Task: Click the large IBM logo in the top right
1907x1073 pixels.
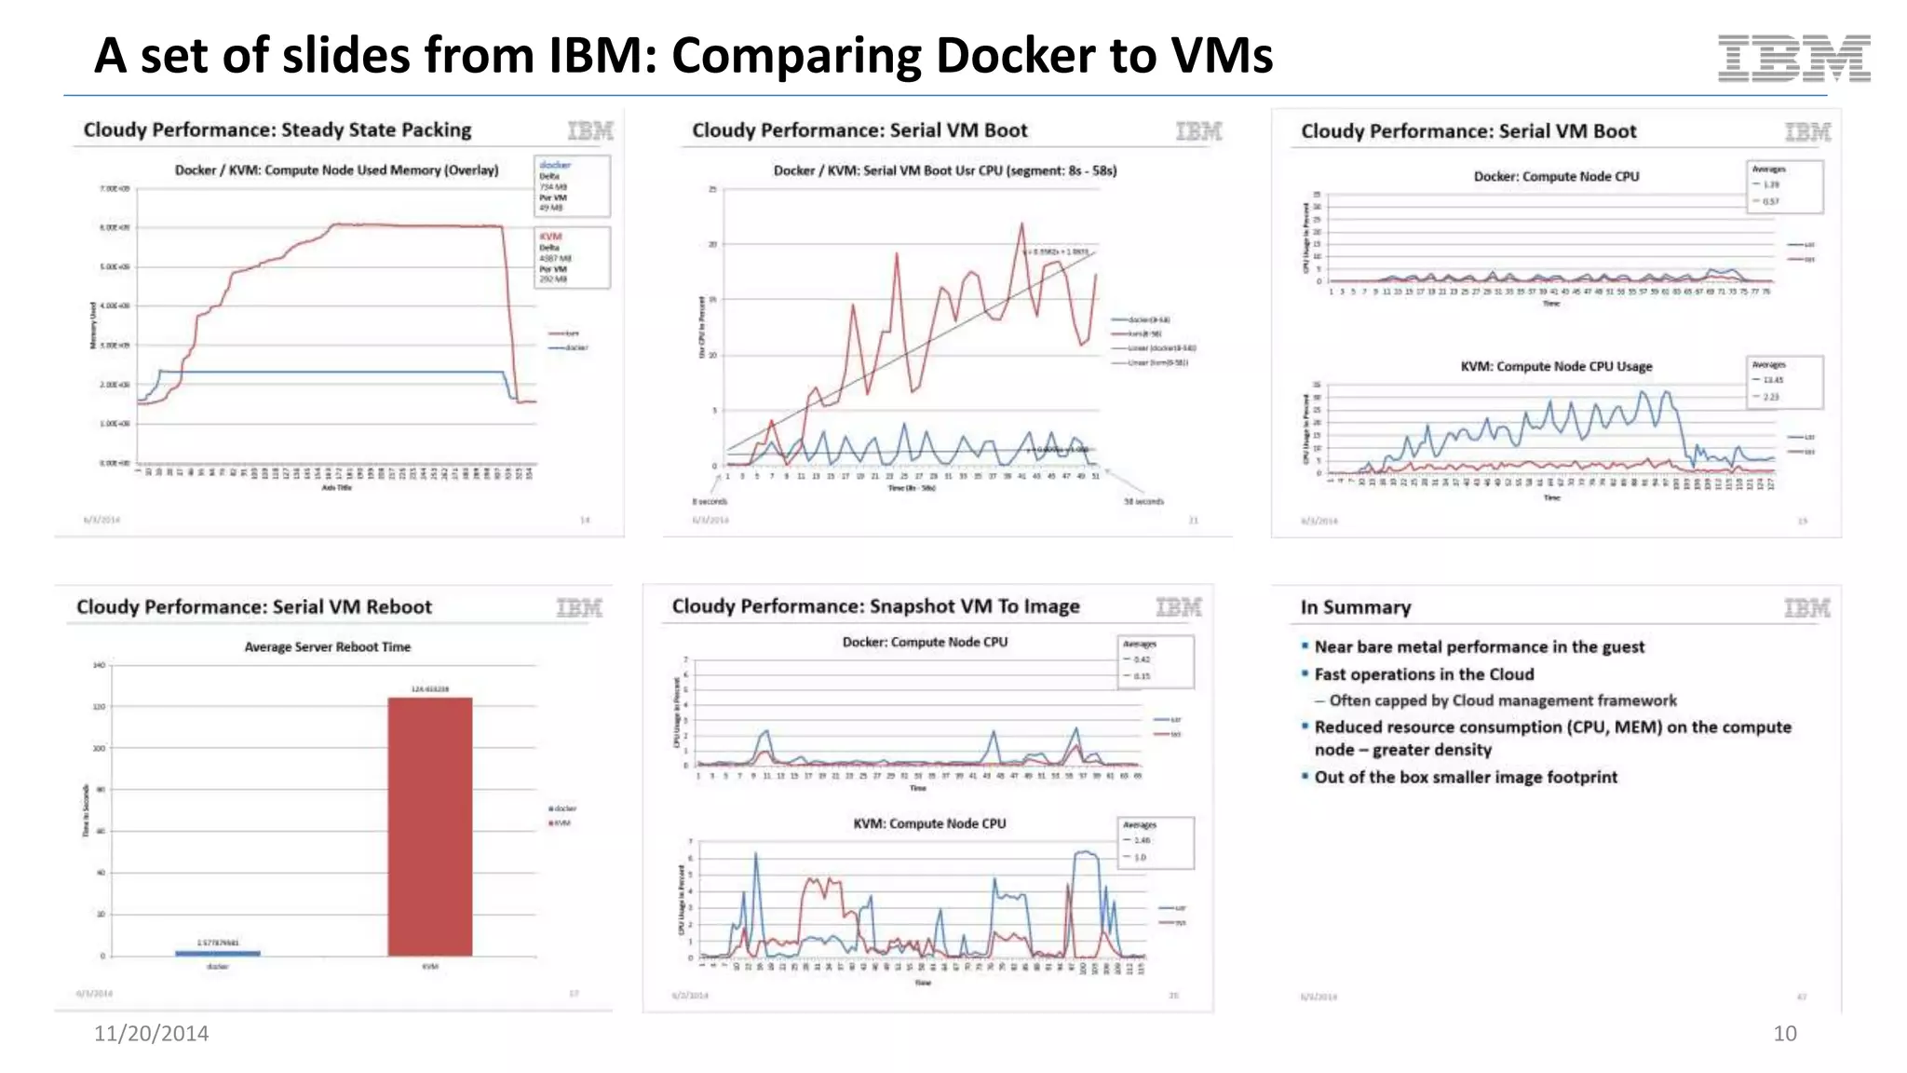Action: coord(1793,58)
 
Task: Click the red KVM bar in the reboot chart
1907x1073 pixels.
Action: coord(429,826)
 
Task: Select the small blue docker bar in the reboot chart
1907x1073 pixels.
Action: coord(218,953)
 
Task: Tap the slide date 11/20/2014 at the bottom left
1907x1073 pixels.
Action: coord(151,1033)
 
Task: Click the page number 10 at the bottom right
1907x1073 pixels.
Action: coord(1784,1033)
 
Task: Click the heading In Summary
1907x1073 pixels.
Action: coord(1355,607)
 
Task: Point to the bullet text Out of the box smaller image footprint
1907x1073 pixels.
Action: coord(1465,777)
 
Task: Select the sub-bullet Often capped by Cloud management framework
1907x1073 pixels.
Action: coord(1502,700)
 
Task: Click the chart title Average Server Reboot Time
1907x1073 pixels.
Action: coord(327,646)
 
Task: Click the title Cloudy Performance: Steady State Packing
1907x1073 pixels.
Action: coord(277,129)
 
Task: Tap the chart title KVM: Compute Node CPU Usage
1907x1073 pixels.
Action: coord(1556,366)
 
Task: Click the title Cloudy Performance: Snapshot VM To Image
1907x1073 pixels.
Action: coord(875,606)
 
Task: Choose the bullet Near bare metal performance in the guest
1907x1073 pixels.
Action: coord(1479,646)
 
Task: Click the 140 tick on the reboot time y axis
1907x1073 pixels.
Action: coord(99,665)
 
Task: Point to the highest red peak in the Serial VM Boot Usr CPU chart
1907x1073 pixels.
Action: coord(1021,224)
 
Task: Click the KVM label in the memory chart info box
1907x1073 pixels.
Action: coord(550,237)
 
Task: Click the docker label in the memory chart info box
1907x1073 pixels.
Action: coord(555,165)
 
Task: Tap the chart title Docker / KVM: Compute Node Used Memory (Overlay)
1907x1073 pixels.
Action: coord(336,170)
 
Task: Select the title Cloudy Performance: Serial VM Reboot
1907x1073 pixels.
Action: coord(253,607)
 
